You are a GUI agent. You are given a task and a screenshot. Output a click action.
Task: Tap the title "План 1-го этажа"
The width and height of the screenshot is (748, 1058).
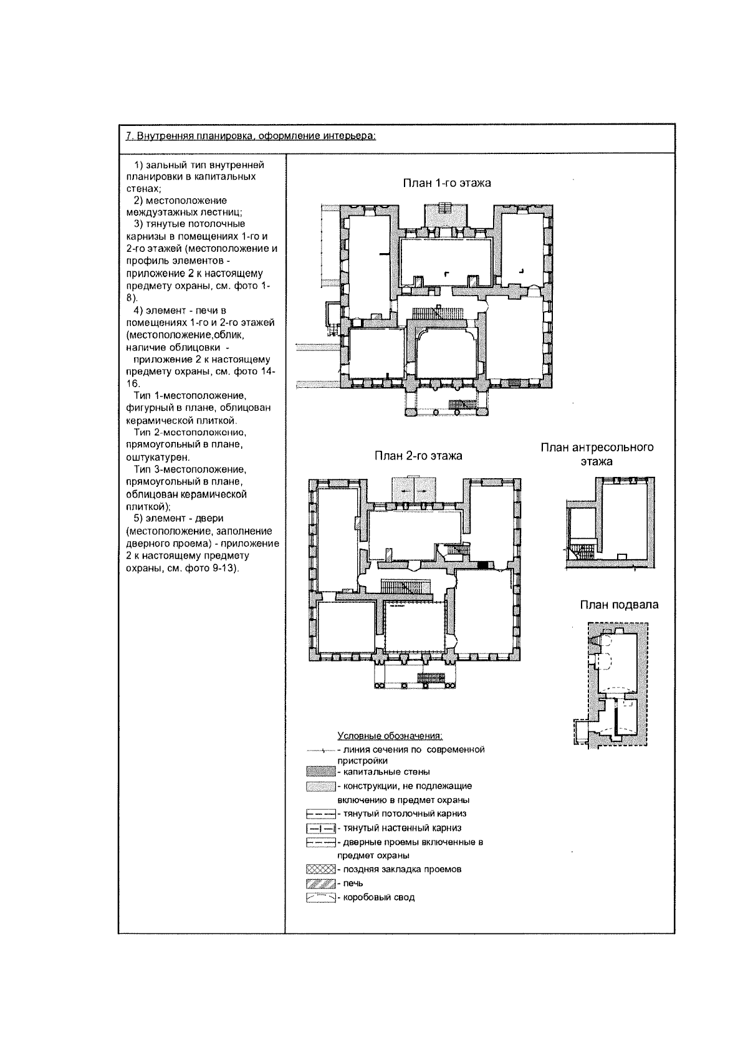pyautogui.click(x=446, y=183)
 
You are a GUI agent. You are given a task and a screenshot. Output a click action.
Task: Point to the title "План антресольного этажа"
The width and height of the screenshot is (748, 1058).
pyautogui.click(x=597, y=454)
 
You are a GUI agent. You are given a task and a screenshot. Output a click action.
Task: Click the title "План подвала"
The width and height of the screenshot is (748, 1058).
pyautogui.click(x=618, y=605)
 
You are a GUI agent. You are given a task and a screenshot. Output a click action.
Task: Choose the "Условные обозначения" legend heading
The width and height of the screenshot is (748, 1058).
pyautogui.click(x=390, y=736)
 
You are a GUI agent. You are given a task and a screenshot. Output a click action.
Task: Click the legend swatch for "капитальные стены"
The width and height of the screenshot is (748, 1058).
pyautogui.click(x=320, y=772)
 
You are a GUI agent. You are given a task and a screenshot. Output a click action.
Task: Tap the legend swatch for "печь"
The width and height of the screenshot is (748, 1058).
pyautogui.click(x=320, y=883)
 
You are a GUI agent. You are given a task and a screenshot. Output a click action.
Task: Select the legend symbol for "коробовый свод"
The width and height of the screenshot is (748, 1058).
pyautogui.click(x=320, y=898)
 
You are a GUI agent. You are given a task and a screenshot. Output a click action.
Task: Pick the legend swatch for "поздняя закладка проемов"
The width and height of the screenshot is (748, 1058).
pyautogui.click(x=320, y=869)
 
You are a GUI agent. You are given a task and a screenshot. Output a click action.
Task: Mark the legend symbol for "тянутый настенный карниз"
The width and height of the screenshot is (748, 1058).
pyautogui.click(x=320, y=829)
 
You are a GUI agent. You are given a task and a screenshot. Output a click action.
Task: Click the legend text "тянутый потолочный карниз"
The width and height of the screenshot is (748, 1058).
pyautogui.click(x=405, y=814)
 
